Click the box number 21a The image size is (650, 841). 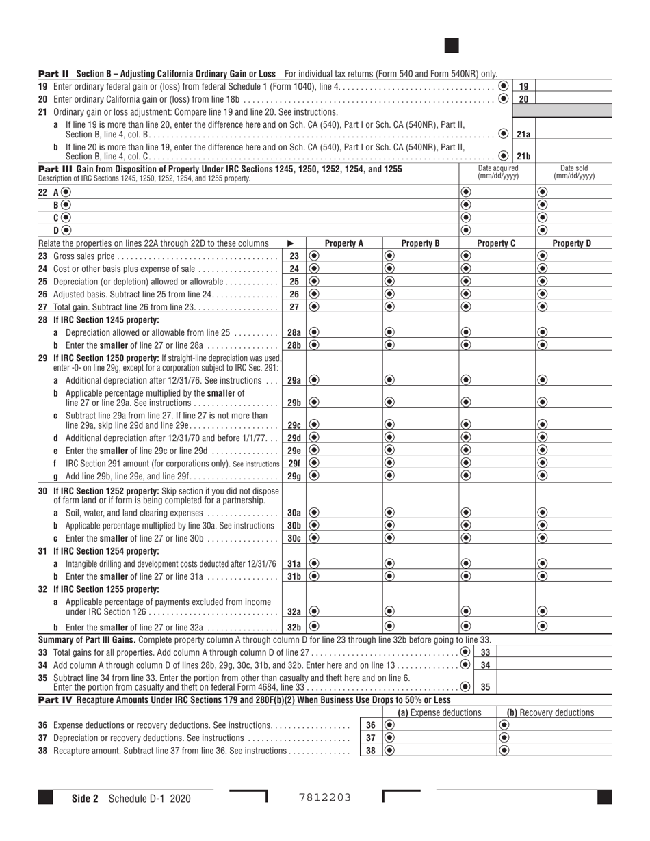click(523, 134)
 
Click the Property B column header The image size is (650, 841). click(419, 243)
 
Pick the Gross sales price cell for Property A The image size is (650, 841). click(343, 256)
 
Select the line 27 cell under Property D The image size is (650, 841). click(573, 306)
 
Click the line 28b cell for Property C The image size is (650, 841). click(497, 345)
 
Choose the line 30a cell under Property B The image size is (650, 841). click(419, 511)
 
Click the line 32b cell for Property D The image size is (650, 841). click(573, 626)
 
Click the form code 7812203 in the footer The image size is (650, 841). click(325, 797)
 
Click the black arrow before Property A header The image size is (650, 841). click(291, 243)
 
